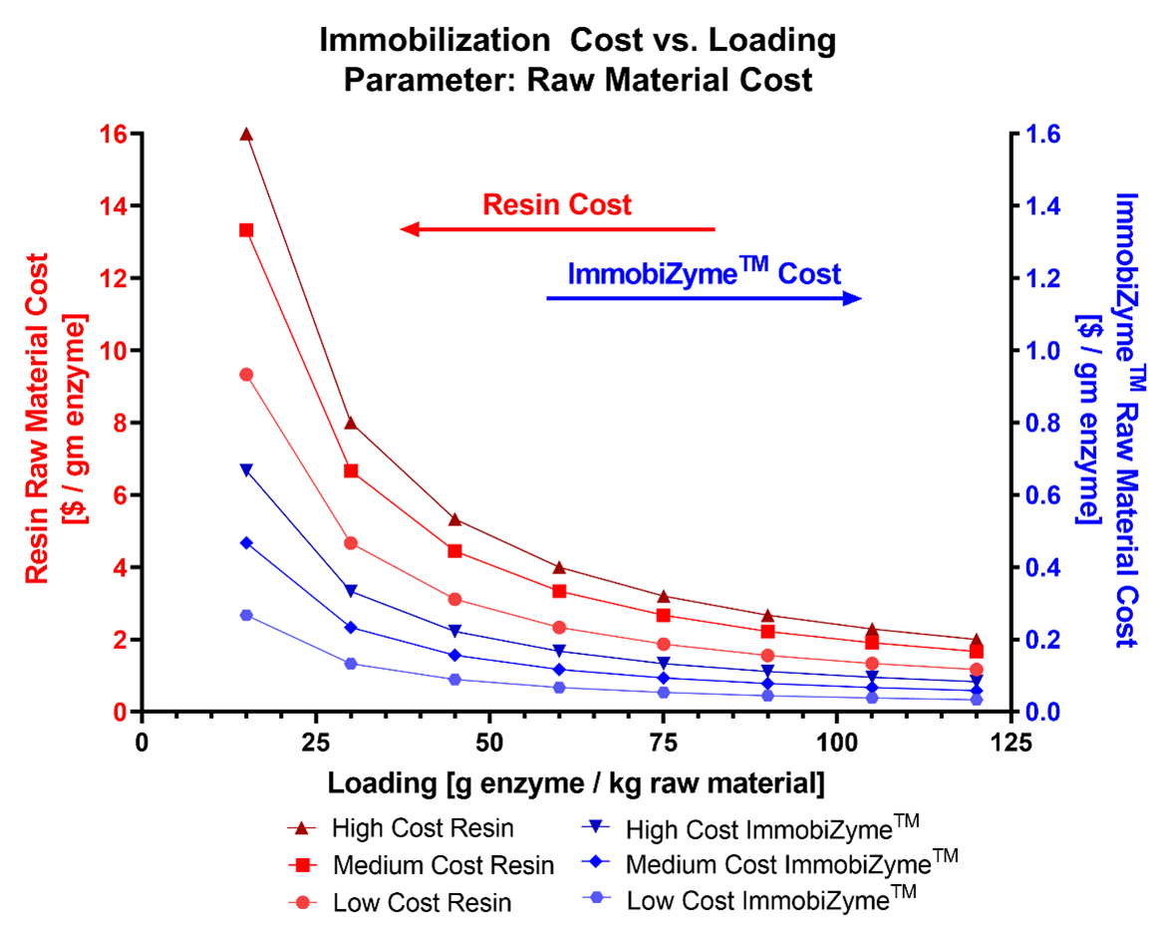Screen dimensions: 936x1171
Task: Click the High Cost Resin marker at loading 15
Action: pyautogui.click(x=246, y=135)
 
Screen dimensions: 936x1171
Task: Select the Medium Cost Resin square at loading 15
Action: pyautogui.click(x=246, y=230)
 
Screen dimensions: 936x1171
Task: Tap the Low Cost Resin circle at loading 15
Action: pyautogui.click(x=246, y=374)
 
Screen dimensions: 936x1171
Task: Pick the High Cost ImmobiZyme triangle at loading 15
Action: pyautogui.click(x=246, y=470)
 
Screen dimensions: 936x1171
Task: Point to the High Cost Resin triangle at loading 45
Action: pyautogui.click(x=454, y=519)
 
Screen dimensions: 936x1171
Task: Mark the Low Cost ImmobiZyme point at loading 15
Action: pyautogui.click(x=246, y=615)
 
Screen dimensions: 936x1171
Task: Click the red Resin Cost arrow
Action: pyautogui.click(x=557, y=229)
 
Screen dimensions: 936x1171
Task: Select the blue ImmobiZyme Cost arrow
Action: pyautogui.click(x=704, y=298)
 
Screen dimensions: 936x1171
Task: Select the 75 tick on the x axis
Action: pyautogui.click(x=663, y=742)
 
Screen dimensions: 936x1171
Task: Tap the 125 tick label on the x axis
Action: pyautogui.click(x=1011, y=742)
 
